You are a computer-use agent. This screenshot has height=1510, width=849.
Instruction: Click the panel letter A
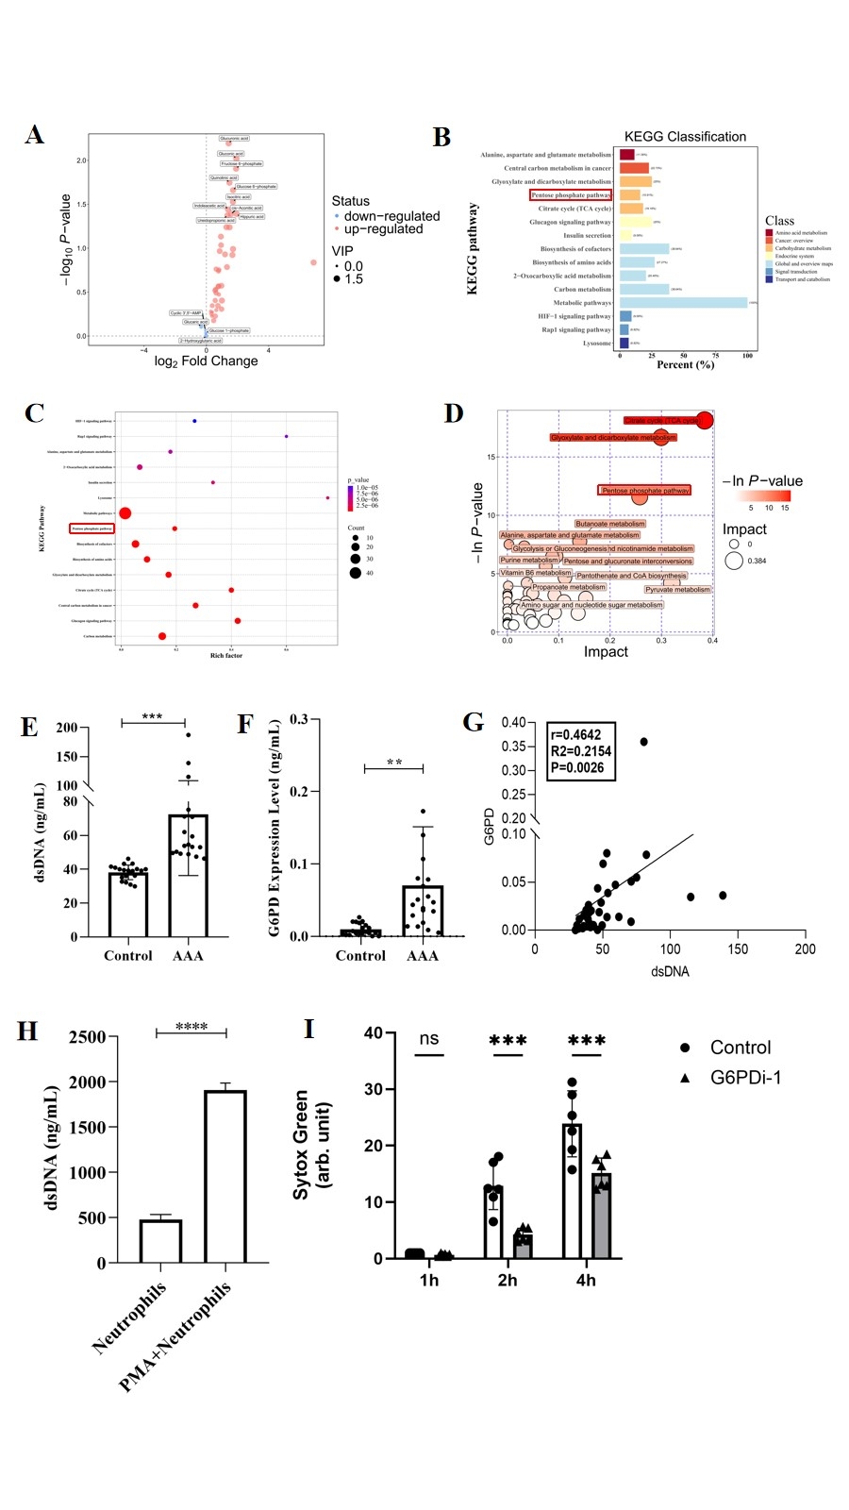coord(35,135)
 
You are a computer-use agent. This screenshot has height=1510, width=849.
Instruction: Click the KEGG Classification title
coord(685,137)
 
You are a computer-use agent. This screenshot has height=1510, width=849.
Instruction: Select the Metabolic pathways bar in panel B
coord(683,303)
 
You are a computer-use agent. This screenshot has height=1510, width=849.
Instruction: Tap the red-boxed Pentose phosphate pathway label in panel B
coord(571,195)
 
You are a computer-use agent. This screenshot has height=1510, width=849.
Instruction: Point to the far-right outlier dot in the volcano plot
coord(313,262)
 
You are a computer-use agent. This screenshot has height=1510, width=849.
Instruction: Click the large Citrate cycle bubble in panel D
coord(704,420)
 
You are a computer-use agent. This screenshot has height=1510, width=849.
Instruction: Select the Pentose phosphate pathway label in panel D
coord(645,491)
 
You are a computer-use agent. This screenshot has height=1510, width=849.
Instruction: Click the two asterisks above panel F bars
coord(394,763)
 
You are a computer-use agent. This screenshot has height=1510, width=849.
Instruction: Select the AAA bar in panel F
coord(423,911)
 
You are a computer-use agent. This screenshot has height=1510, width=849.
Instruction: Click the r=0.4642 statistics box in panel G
coord(581,751)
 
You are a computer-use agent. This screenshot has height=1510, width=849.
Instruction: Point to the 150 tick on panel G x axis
coord(738,949)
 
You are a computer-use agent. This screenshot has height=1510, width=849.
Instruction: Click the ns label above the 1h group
coord(429,1039)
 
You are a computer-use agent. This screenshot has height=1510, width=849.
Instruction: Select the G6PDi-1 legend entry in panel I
coord(744,1078)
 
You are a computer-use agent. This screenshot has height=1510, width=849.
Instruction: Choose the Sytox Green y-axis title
coord(311,1145)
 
